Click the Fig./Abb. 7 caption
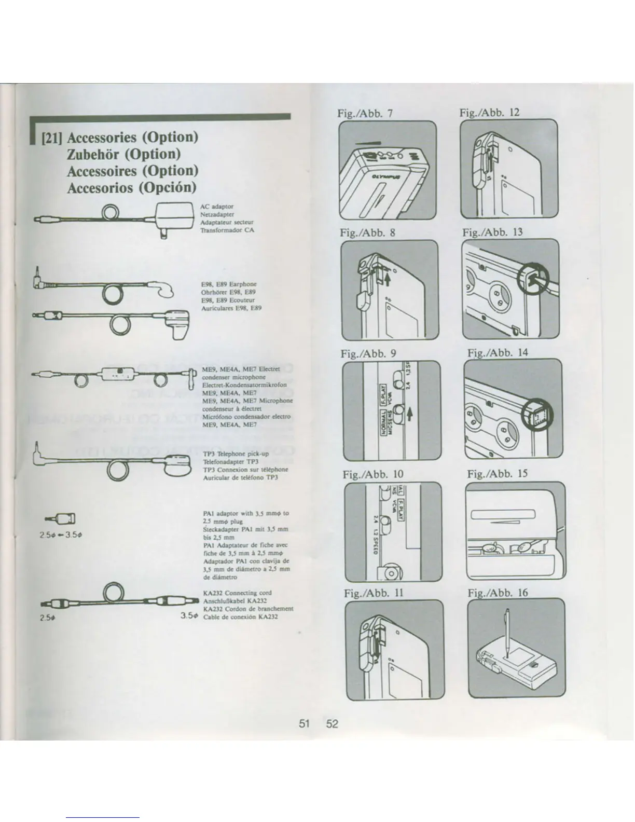[x=366, y=113]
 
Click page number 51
[x=305, y=723]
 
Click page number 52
[x=332, y=723]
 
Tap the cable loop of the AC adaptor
[x=111, y=212]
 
